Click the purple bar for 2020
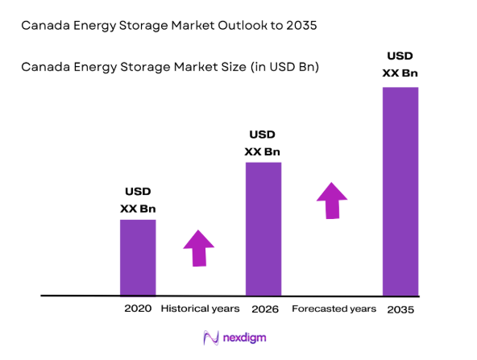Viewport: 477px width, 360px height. tap(138, 257)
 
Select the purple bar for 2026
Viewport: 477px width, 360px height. tap(263, 229)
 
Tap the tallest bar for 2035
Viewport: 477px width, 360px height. tap(400, 191)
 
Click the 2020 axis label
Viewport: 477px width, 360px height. tap(138, 308)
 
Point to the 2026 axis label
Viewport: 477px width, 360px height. tap(263, 308)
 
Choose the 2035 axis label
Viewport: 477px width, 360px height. tap(400, 309)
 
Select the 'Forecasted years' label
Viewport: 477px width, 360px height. tap(334, 308)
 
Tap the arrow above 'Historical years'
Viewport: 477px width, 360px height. tap(198, 247)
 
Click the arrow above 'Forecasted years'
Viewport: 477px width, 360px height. tap(331, 200)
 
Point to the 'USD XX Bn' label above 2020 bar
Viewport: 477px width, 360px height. tap(138, 200)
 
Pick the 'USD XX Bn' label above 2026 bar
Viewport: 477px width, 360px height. tap(263, 143)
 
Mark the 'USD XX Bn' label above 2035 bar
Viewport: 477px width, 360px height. tap(400, 64)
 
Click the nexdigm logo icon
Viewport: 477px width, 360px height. tap(211, 338)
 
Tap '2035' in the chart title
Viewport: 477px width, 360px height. tap(300, 26)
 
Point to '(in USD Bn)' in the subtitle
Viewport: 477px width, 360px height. tap(286, 67)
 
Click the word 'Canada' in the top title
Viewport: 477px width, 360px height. tap(44, 26)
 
